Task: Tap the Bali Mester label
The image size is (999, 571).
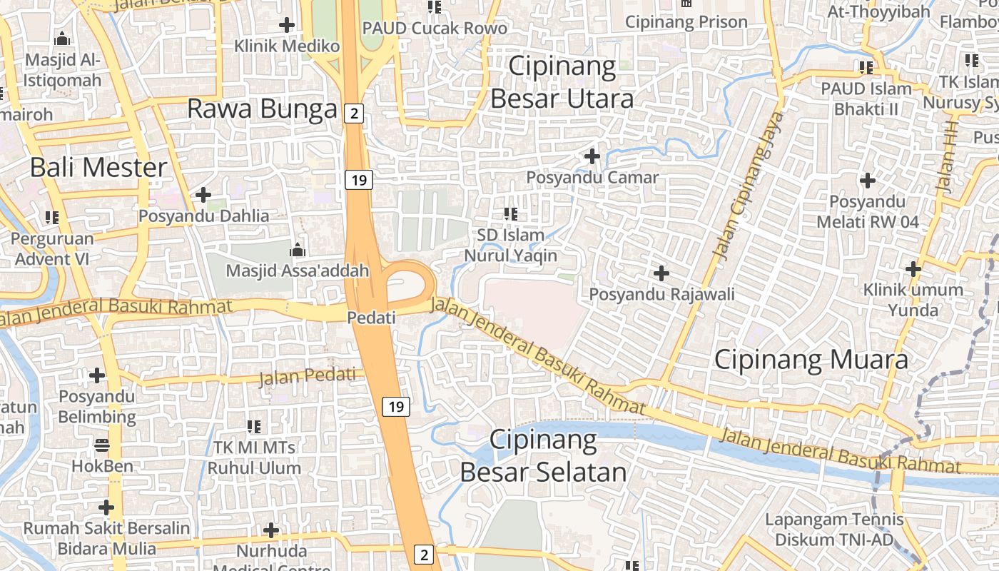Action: click(98, 167)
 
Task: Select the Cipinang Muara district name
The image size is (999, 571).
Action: click(811, 359)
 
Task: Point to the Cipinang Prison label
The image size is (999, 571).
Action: click(686, 21)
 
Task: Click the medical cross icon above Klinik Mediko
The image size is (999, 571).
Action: click(287, 25)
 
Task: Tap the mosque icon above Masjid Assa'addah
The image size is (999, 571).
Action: click(297, 250)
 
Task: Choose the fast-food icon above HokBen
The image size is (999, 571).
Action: click(102, 446)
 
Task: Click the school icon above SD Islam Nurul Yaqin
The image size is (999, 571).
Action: click(510, 213)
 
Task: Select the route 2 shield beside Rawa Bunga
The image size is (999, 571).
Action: click(353, 113)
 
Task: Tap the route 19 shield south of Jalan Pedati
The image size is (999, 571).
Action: click(397, 407)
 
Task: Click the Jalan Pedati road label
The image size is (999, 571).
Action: click(307, 376)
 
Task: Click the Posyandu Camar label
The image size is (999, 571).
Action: click(592, 177)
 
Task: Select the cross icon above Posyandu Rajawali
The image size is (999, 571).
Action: click(661, 273)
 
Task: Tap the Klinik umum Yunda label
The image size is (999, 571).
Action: click(913, 300)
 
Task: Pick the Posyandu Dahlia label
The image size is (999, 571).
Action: click(204, 216)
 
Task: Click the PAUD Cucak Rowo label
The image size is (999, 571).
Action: click(435, 28)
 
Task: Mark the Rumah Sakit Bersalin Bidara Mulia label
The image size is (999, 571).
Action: click(107, 538)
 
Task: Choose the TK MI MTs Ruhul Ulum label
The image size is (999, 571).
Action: click(254, 458)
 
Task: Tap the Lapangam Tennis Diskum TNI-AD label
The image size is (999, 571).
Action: click(834, 529)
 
